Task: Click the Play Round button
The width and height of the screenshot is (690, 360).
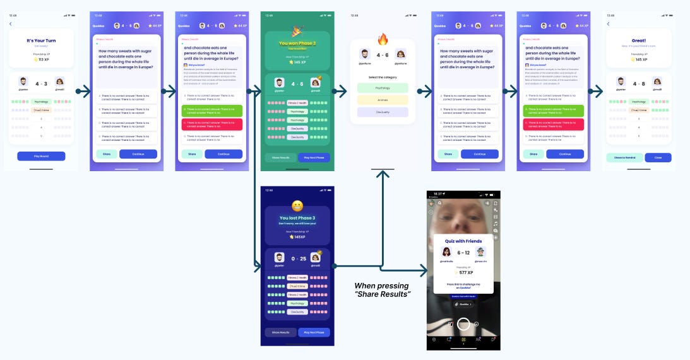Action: click(x=41, y=156)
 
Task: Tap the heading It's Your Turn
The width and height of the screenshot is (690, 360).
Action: click(x=41, y=40)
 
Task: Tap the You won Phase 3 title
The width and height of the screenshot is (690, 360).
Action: click(x=297, y=44)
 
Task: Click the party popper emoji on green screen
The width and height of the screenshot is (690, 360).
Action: click(x=297, y=30)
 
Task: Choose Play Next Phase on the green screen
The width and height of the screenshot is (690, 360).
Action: click(x=314, y=157)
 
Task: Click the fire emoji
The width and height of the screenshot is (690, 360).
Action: click(x=383, y=40)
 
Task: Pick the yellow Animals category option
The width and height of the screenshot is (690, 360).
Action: click(x=383, y=100)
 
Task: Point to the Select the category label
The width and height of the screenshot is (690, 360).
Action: click(x=383, y=77)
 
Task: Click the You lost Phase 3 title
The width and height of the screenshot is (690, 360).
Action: click(x=297, y=218)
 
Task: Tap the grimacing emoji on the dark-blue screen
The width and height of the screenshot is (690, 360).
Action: click(x=297, y=205)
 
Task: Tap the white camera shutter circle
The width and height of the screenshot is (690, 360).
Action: click(x=464, y=325)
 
